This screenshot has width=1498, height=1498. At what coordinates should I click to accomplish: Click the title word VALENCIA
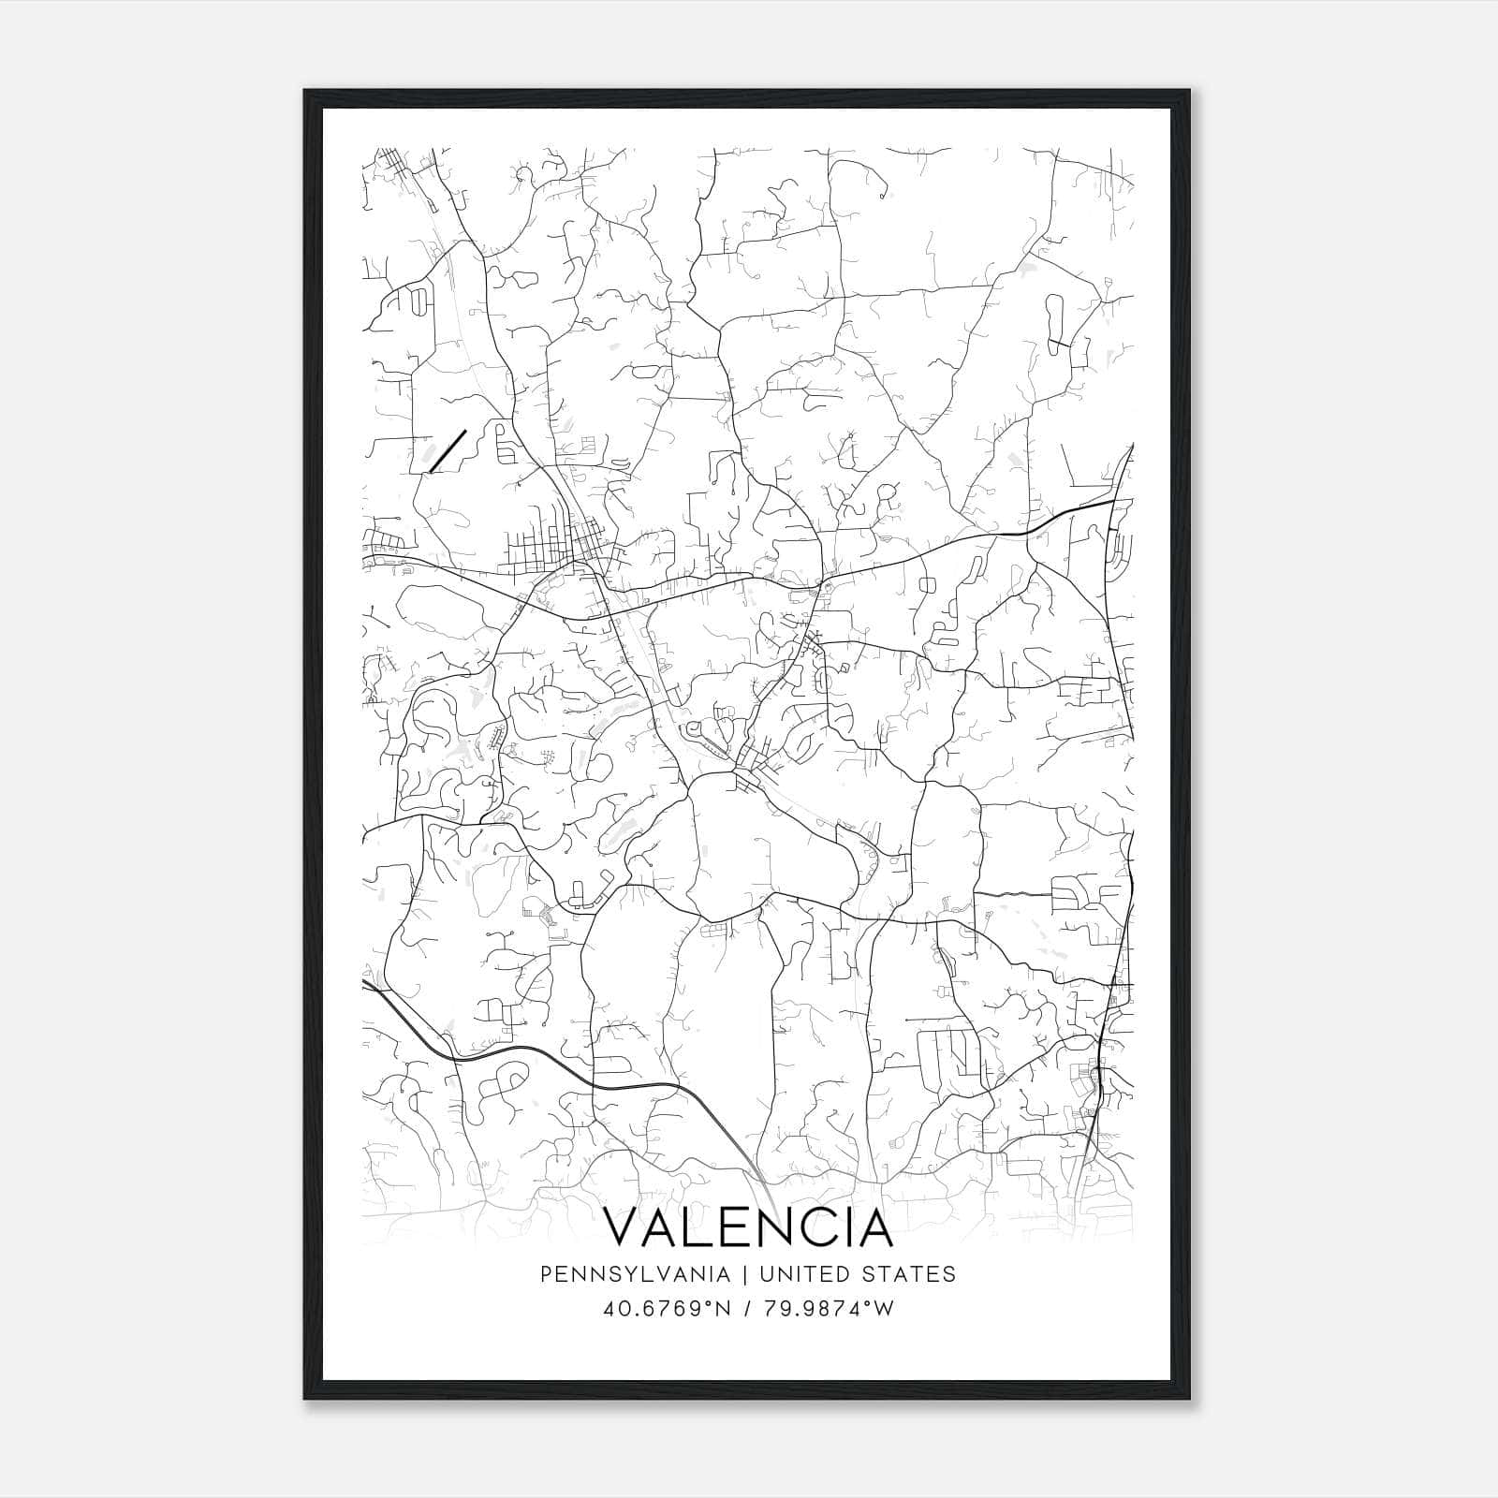[749, 1227]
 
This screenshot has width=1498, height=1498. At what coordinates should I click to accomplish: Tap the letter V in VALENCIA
[624, 1227]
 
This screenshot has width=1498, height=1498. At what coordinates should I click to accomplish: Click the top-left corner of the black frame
[305, 91]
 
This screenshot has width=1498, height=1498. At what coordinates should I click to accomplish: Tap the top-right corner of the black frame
[1189, 91]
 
